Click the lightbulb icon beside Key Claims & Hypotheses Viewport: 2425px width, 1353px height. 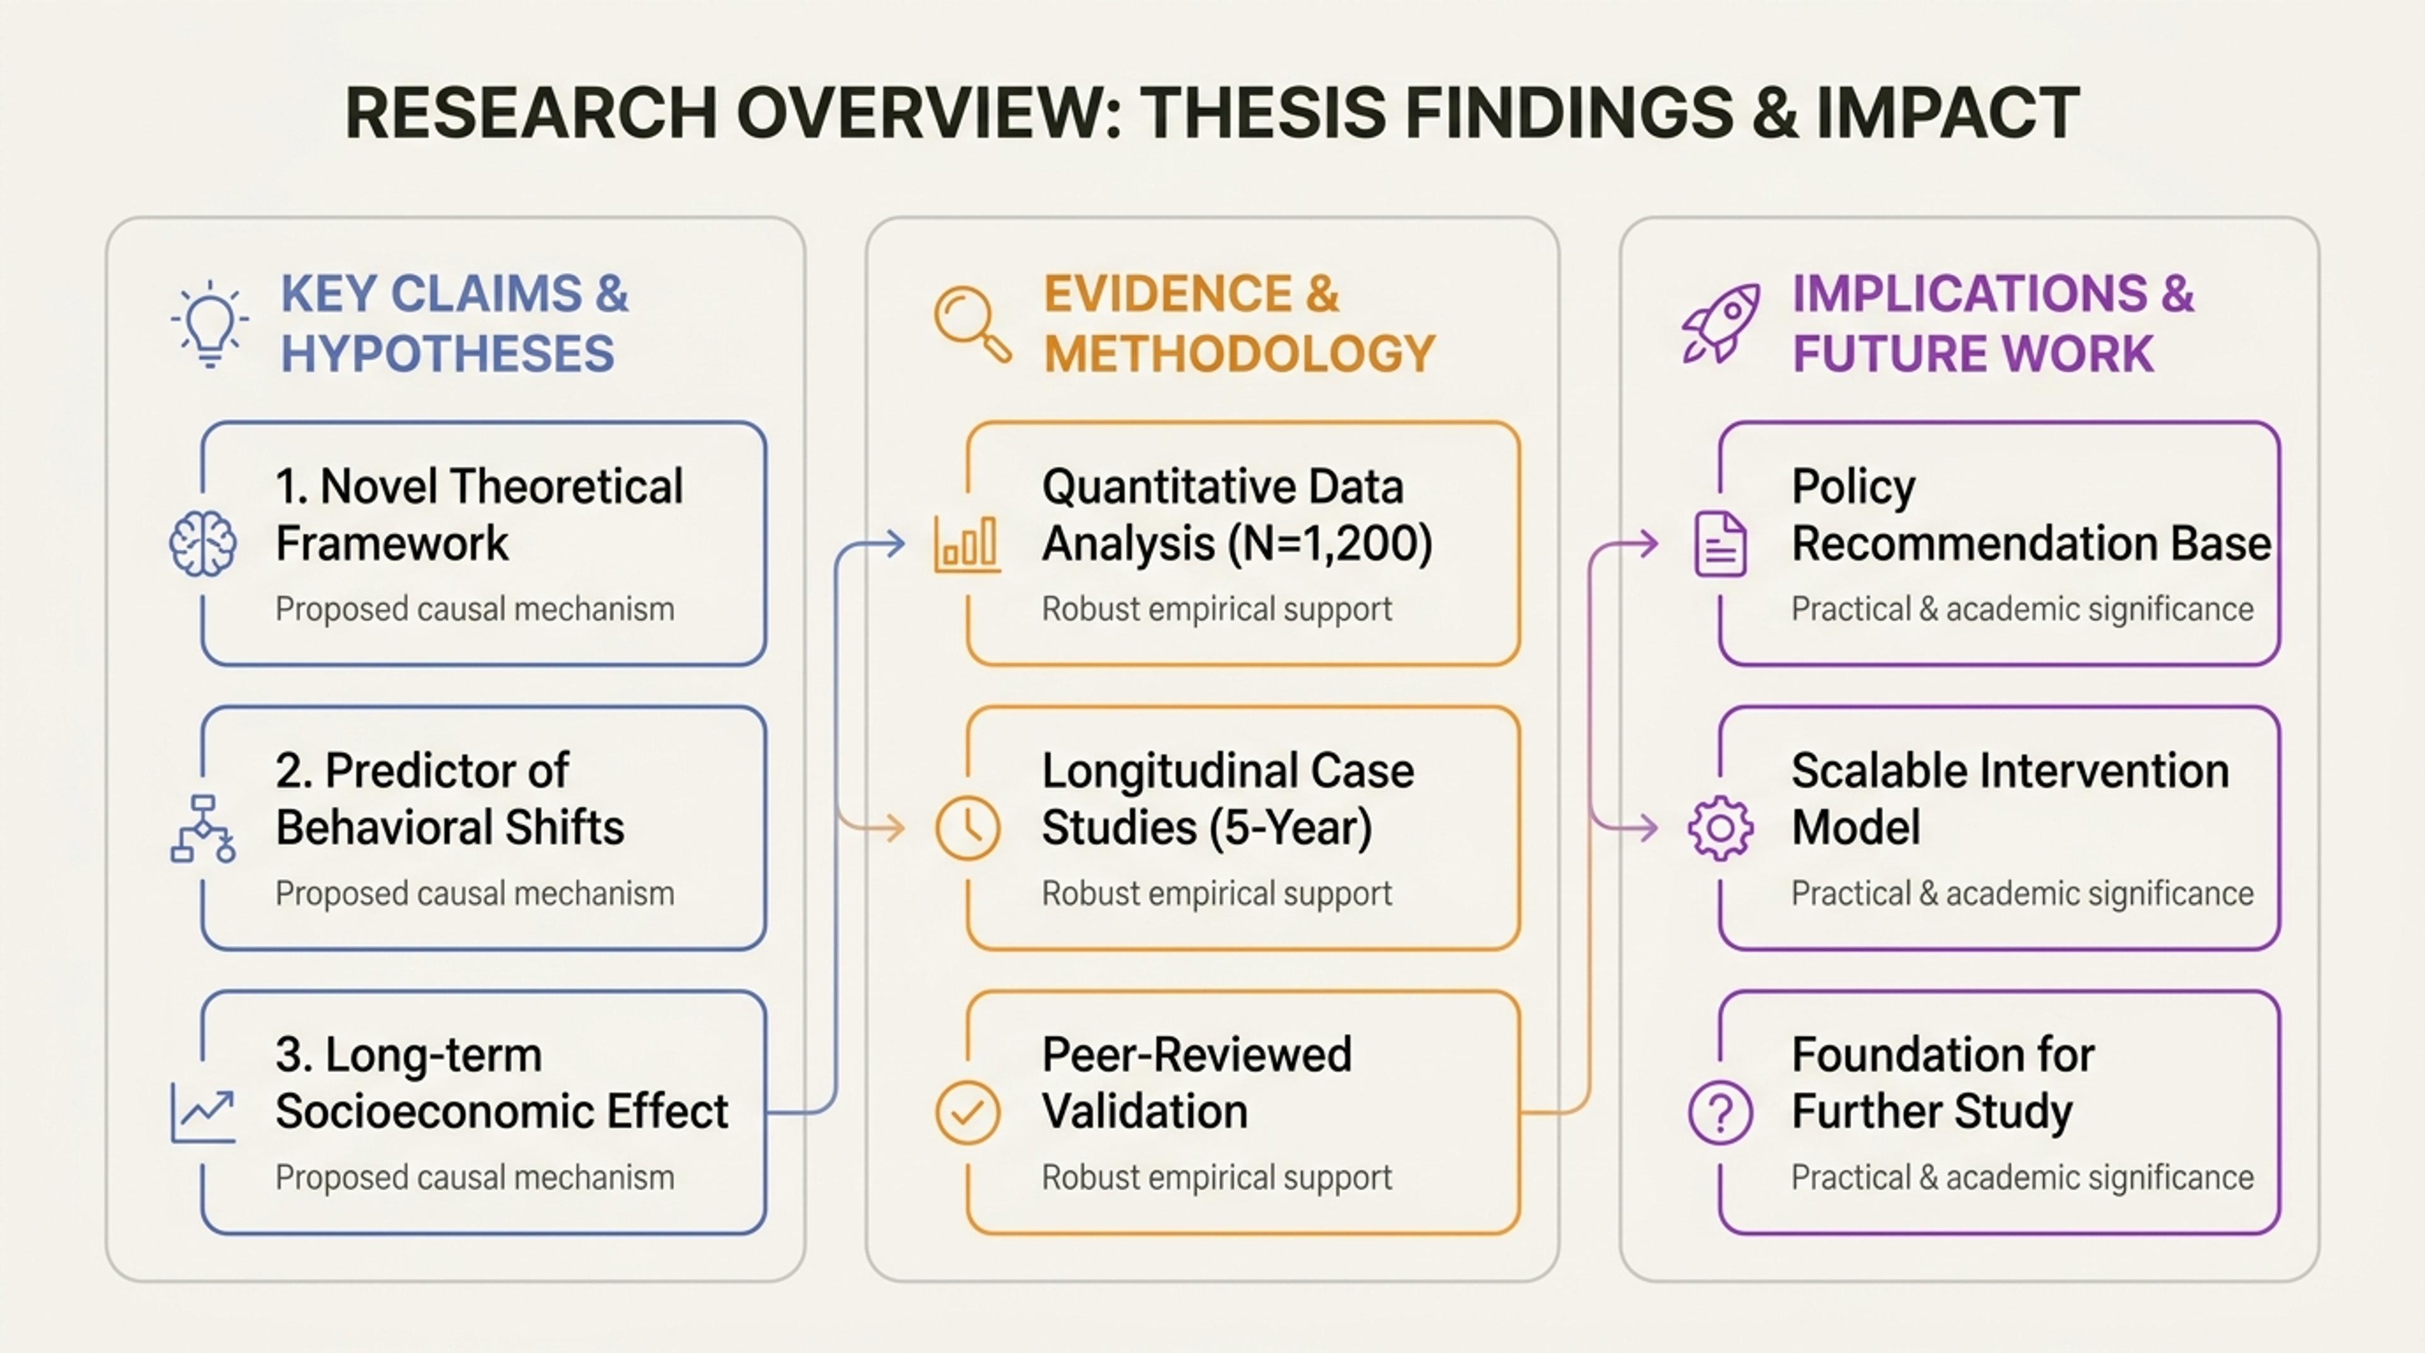pos(210,324)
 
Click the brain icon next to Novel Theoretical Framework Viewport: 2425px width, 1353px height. pos(202,544)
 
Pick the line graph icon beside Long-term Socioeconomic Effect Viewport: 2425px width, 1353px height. pos(202,1113)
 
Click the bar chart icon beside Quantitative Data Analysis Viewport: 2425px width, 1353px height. pos(967,544)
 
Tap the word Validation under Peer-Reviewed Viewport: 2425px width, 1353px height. pos(1145,1112)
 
